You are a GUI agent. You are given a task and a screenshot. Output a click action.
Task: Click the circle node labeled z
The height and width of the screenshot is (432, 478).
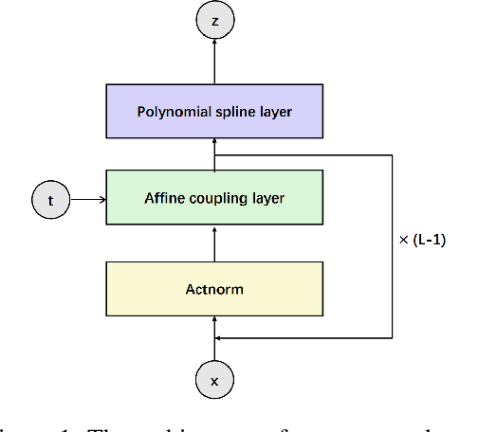click(213, 20)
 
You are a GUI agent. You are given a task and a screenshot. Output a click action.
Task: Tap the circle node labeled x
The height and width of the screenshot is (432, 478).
click(213, 381)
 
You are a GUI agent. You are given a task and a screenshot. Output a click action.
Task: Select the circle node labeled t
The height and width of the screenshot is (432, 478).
click(50, 200)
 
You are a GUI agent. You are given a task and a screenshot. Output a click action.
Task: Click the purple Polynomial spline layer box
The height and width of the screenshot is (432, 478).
click(213, 112)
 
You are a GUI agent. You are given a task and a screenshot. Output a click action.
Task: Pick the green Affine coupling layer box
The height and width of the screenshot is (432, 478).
click(213, 198)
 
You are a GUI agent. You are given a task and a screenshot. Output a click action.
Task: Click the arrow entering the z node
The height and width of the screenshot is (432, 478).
click(213, 59)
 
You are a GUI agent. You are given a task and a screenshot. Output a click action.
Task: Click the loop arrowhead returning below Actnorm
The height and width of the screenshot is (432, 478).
click(221, 336)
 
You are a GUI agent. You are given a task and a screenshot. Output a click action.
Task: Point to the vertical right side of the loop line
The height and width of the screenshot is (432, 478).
click(392, 246)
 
